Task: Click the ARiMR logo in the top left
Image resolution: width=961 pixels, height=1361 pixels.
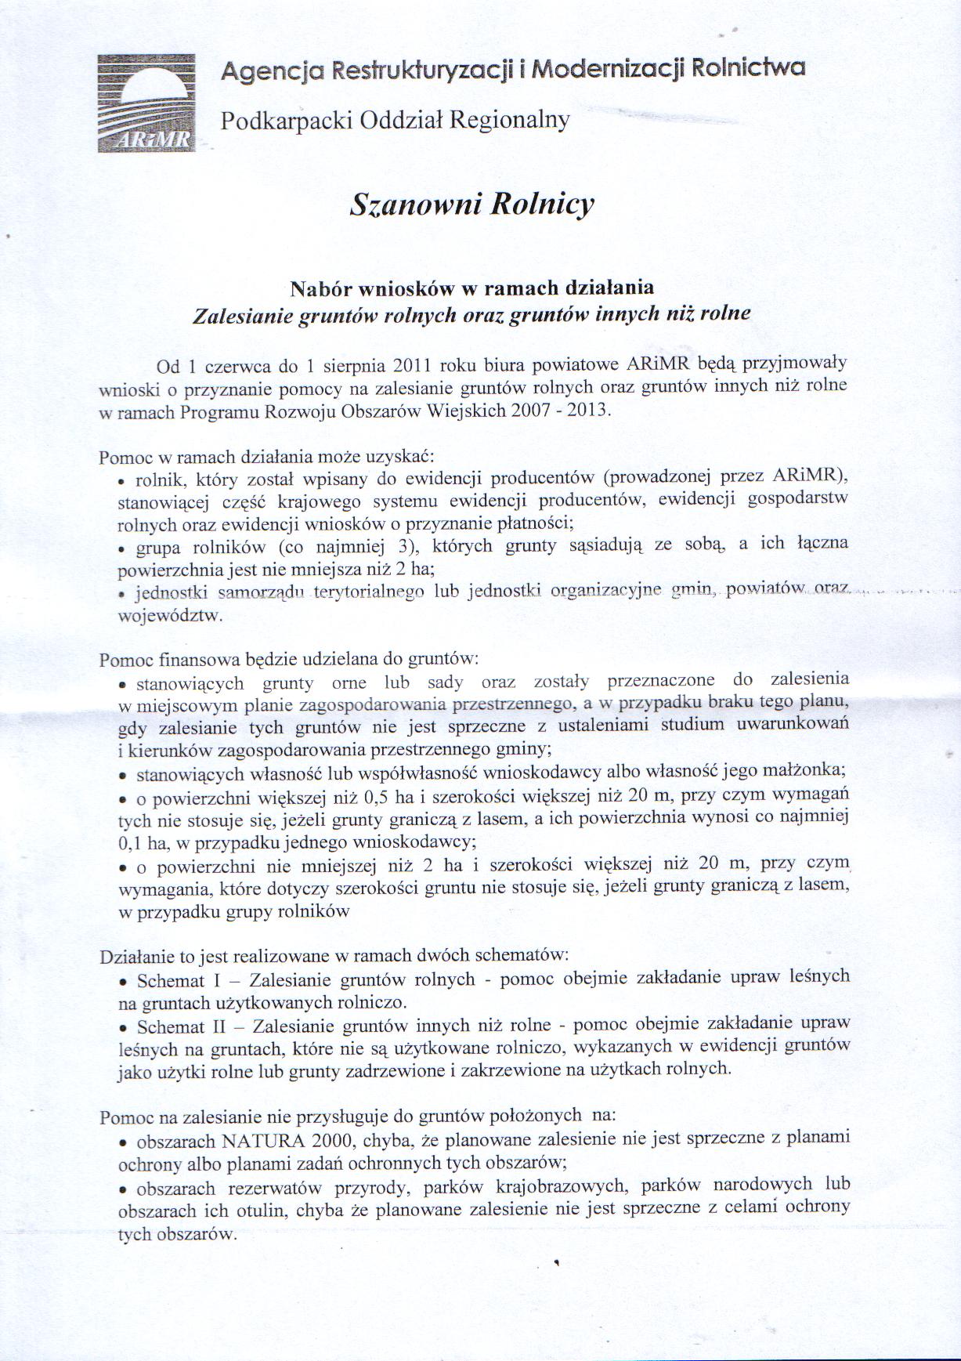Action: coord(146,103)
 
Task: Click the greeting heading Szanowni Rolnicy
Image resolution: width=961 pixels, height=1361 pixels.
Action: coord(472,205)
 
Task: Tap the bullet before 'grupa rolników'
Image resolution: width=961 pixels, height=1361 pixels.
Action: coord(122,549)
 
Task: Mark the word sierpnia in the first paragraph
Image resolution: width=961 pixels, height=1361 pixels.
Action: coord(352,366)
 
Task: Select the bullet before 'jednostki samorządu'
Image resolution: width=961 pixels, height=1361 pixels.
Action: coord(122,595)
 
